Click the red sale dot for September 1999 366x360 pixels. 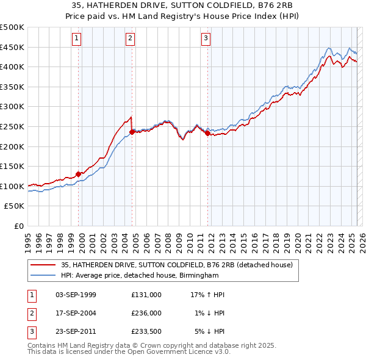click(78, 174)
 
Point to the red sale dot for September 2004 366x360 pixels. click(132, 132)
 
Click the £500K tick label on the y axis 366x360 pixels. click(12, 27)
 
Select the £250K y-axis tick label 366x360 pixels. click(12, 126)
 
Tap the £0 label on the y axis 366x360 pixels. click(19, 226)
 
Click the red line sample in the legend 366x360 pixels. click(43, 265)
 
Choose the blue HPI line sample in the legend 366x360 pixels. click(43, 276)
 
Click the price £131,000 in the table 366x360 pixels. click(146, 294)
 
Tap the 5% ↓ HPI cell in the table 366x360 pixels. click(210, 331)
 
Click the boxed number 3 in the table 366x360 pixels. click(30, 331)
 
